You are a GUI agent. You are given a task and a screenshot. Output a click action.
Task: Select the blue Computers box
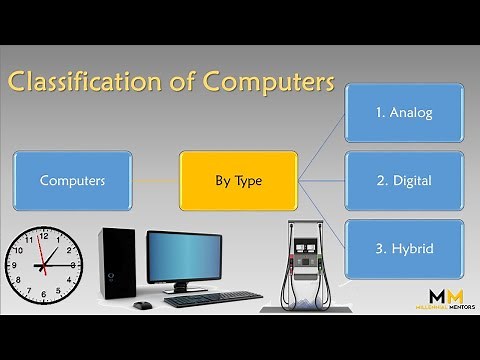[x=72, y=180]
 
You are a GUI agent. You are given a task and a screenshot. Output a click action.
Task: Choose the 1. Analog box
[x=403, y=112]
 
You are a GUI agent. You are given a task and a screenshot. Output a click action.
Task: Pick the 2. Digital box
[x=403, y=182]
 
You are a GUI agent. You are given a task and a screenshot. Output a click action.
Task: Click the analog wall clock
[x=43, y=265]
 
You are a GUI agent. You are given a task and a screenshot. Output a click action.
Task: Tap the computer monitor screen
[x=184, y=259]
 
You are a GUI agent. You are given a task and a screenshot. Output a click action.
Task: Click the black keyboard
[x=212, y=299]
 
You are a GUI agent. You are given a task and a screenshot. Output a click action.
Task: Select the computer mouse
[x=143, y=304]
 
